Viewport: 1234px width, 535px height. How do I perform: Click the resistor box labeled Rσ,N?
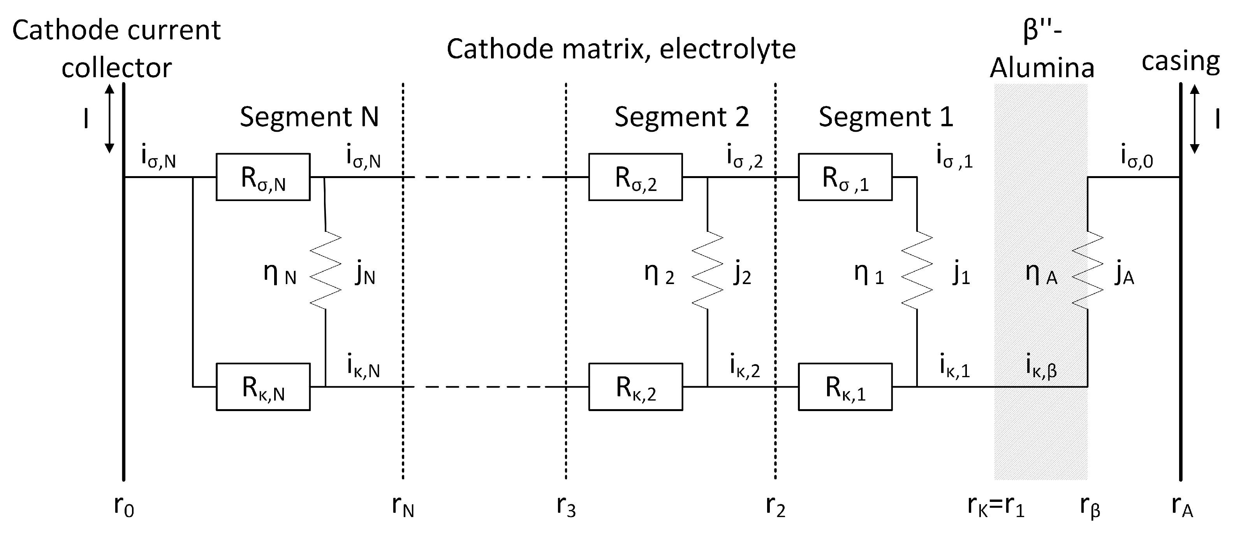(263, 177)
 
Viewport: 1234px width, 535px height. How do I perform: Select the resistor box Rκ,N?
(263, 387)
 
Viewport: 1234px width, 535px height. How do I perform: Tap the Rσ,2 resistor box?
(635, 177)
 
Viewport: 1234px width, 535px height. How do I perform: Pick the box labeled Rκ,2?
(635, 387)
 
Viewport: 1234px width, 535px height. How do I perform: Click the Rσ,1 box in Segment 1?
(845, 177)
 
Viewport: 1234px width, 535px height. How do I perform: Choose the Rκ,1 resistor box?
(845, 387)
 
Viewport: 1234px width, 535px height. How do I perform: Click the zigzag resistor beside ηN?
(326, 271)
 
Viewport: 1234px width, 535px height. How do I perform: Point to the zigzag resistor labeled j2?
(708, 271)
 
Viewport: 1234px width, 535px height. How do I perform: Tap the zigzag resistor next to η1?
(917, 271)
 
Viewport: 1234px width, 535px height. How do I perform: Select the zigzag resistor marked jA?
(1088, 271)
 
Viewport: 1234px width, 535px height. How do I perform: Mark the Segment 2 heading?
(682, 117)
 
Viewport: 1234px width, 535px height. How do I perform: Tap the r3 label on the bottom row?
(566, 506)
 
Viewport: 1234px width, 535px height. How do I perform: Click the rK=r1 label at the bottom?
(995, 506)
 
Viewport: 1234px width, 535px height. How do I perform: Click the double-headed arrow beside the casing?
(1195, 119)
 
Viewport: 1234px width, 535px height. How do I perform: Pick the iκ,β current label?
(1041, 367)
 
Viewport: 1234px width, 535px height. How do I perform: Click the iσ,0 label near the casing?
(1137, 157)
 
